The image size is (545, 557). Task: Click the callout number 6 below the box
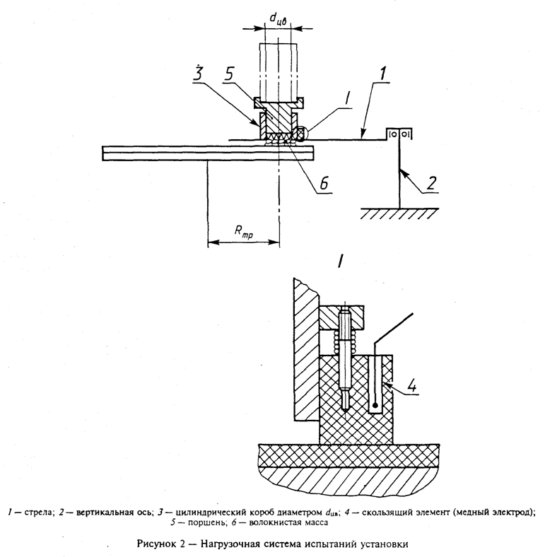[x=322, y=182]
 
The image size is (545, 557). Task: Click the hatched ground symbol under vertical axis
[x=398, y=213]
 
